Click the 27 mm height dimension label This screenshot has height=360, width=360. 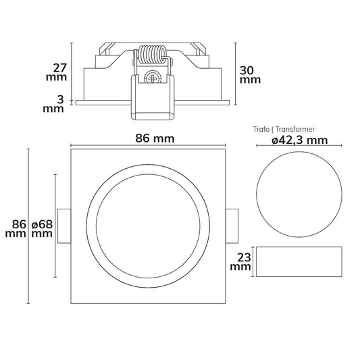pos(57,72)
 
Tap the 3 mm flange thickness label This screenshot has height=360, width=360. pos(53,104)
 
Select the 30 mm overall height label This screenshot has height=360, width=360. pos(250,75)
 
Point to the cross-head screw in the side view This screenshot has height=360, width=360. pos(152,78)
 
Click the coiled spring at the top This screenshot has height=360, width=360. pos(152,55)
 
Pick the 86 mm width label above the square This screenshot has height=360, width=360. pos(155,138)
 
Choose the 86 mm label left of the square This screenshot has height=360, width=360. pos(16,229)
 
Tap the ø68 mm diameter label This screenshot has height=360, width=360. pos(42,229)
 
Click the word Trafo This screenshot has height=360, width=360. pos(261,129)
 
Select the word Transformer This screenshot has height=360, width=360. pos(295,129)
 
